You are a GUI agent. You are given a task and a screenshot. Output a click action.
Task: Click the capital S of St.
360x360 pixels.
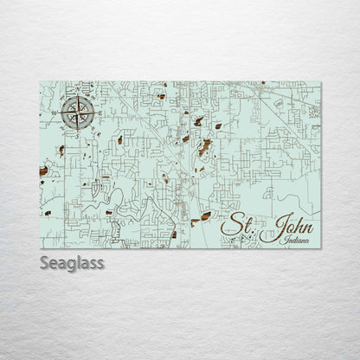pyautogui.click(x=231, y=227)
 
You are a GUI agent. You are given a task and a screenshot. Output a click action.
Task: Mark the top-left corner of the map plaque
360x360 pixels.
pyautogui.click(x=41, y=81)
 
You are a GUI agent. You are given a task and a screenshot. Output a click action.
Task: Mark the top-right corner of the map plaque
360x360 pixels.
pyautogui.click(x=321, y=81)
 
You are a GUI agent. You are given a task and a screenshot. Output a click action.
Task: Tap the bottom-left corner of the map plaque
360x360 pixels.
pyautogui.click(x=41, y=248)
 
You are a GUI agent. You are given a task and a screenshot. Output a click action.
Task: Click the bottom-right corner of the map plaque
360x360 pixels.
pyautogui.click(x=321, y=248)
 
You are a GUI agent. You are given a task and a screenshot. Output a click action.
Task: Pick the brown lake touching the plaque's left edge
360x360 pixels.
pyautogui.click(x=43, y=173)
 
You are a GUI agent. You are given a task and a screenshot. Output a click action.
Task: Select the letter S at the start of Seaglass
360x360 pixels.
pyautogui.click(x=46, y=262)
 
